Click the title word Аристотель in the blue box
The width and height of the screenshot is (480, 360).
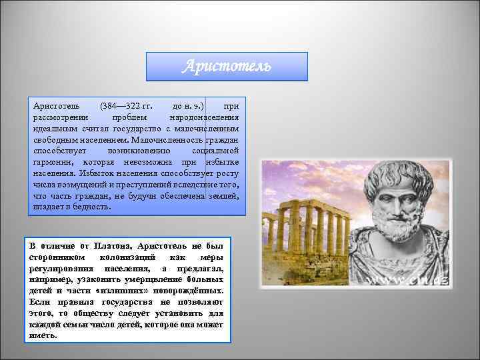227,67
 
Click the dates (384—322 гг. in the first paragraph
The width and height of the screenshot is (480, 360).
126,106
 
